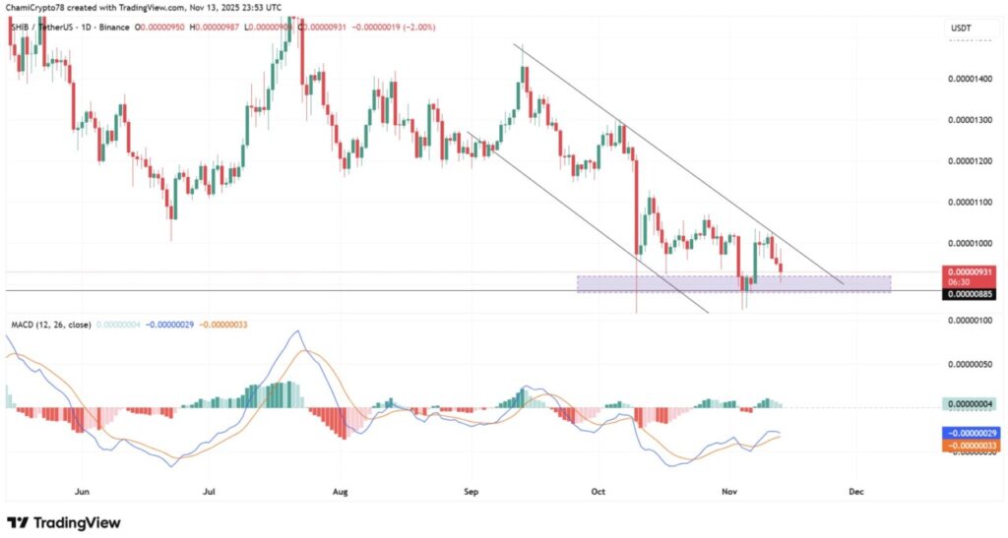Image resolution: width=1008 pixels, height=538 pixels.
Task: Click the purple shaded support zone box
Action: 733,284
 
